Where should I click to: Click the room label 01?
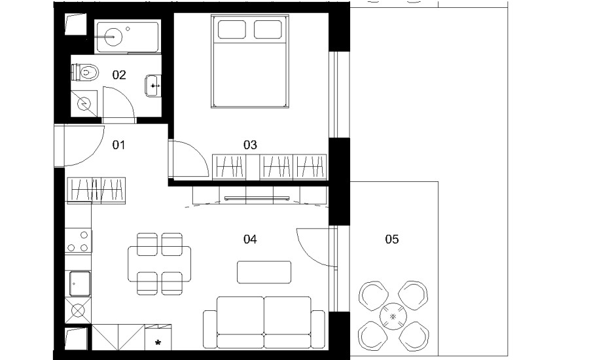point(118,145)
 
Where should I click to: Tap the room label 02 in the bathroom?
point(119,75)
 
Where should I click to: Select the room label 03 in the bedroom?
point(250,145)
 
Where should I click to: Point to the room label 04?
point(250,239)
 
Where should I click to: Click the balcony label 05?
point(392,239)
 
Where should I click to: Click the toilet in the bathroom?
point(85,72)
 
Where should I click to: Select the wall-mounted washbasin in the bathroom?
point(153,86)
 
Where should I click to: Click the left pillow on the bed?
point(232,29)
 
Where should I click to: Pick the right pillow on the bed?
point(268,29)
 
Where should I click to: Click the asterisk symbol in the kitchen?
point(158,342)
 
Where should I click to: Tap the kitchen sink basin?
point(80,283)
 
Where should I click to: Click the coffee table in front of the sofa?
point(264,272)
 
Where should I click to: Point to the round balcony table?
point(393,316)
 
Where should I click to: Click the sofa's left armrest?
point(210,329)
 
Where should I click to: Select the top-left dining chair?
point(147,244)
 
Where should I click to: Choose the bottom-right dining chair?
point(172,283)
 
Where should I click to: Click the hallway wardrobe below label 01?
point(96,190)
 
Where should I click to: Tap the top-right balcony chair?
point(413,295)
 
